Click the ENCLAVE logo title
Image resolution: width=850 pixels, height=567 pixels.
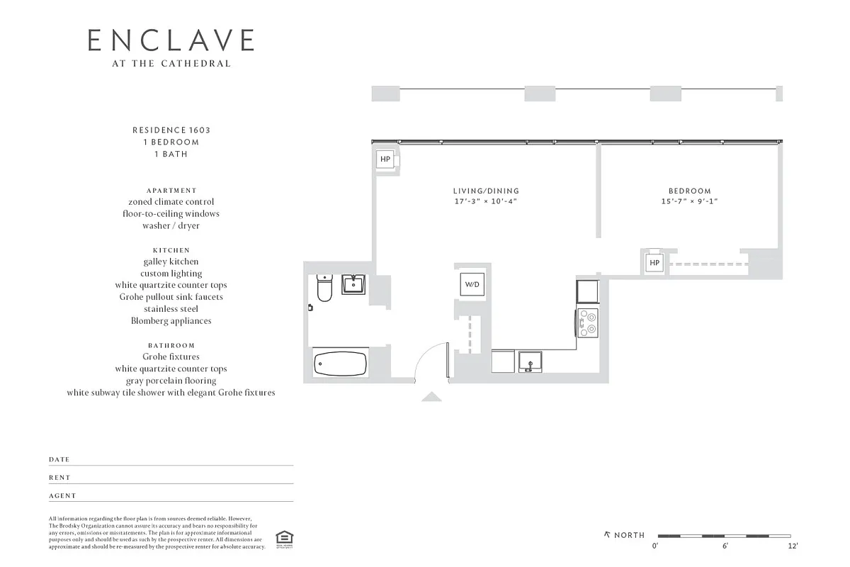171,40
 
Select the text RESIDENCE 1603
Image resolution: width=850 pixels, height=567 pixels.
171,130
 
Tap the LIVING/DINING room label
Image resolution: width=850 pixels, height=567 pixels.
486,191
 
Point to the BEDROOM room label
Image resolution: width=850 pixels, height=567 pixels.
689,191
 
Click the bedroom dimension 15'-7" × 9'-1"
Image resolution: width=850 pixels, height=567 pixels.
689,201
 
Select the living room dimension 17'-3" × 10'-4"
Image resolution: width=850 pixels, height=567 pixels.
486,201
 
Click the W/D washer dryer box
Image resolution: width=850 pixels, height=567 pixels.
472,284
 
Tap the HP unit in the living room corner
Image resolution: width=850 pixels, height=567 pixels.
385,159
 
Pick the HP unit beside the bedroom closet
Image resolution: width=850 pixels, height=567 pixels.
654,263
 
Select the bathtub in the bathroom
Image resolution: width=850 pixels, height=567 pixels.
341,364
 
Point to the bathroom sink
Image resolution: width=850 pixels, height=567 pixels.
353,285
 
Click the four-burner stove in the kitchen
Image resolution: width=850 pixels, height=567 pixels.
588,322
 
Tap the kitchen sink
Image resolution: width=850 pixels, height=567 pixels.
529,361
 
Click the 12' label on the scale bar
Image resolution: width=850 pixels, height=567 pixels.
793,546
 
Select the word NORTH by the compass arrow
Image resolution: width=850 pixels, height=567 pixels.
629,535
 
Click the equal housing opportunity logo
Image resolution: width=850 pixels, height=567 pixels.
284,538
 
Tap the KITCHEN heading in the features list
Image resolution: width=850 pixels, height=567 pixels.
171,250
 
